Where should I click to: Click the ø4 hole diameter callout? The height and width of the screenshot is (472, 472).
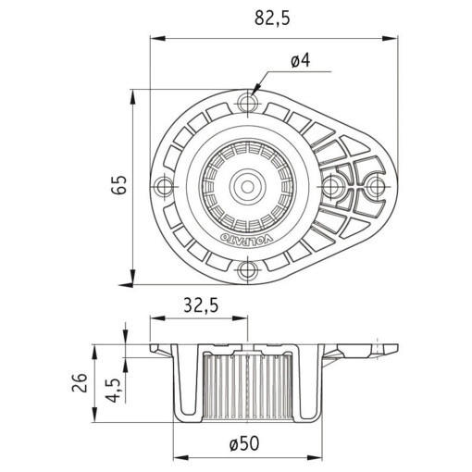point(299,61)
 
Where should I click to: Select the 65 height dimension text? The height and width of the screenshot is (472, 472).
point(118,184)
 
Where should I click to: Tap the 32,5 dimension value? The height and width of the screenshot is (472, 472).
point(200,306)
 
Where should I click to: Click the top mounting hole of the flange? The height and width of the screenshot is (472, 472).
point(248,99)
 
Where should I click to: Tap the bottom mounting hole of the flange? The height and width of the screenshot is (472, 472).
point(248,270)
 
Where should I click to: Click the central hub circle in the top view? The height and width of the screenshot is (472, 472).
point(248,185)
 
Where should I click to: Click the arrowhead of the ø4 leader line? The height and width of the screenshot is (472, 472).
point(256,91)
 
